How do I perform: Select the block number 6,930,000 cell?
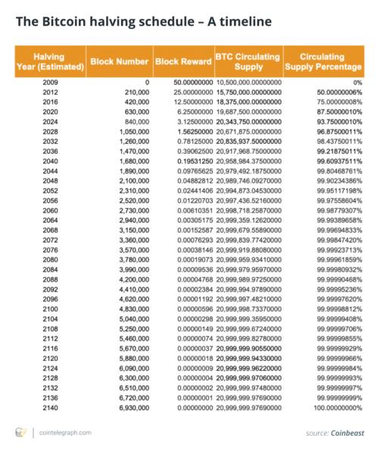tap(132, 408)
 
